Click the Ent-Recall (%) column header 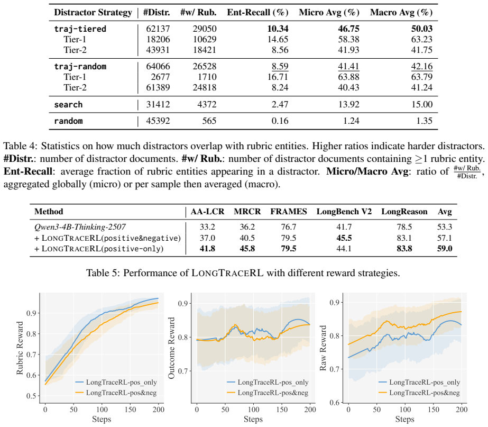[x=257, y=13]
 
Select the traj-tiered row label [x=80, y=29]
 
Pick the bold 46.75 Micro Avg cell [x=348, y=29]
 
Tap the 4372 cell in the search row [x=207, y=104]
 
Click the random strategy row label [x=69, y=121]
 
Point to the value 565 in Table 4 [x=209, y=121]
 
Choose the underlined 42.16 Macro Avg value [x=422, y=66]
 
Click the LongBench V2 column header [x=344, y=212]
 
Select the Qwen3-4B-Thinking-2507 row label [x=80, y=227]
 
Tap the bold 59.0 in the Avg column [x=445, y=249]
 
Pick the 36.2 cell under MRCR [x=247, y=227]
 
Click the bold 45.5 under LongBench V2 [x=344, y=238]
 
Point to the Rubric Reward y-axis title [x=20, y=348]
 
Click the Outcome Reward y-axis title [x=171, y=348]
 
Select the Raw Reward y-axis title [x=323, y=348]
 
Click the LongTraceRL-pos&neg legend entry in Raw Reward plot [x=419, y=393]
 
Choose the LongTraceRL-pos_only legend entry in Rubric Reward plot [x=116, y=382]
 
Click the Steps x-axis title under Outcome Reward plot [x=253, y=419]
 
